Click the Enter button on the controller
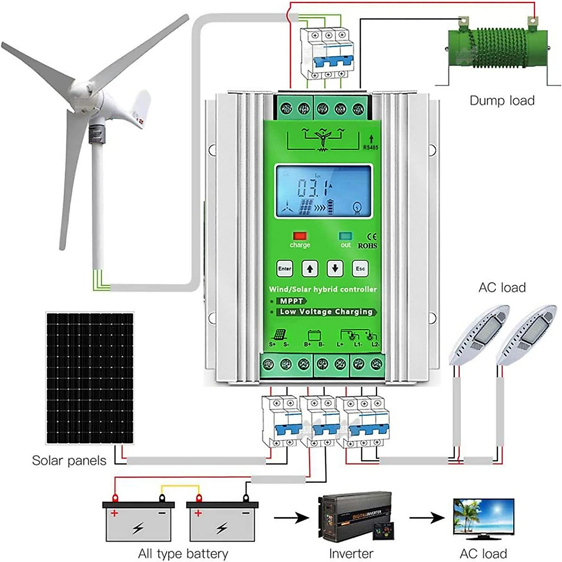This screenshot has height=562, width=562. click(x=284, y=268)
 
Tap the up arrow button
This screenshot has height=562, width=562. click(x=310, y=269)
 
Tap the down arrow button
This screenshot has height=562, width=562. click(x=335, y=269)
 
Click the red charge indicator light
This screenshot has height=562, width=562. click(x=299, y=236)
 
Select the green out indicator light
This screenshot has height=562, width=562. click(x=346, y=236)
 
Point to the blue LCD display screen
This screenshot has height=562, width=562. click(x=324, y=191)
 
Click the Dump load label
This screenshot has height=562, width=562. click(x=502, y=100)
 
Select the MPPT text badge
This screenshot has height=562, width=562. click(x=291, y=301)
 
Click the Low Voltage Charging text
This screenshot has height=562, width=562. click(x=326, y=312)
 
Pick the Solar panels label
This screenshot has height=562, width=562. click(x=69, y=460)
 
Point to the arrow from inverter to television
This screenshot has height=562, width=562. click(x=427, y=518)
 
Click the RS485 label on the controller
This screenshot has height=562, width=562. click(x=370, y=147)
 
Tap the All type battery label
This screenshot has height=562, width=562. click(x=183, y=554)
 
